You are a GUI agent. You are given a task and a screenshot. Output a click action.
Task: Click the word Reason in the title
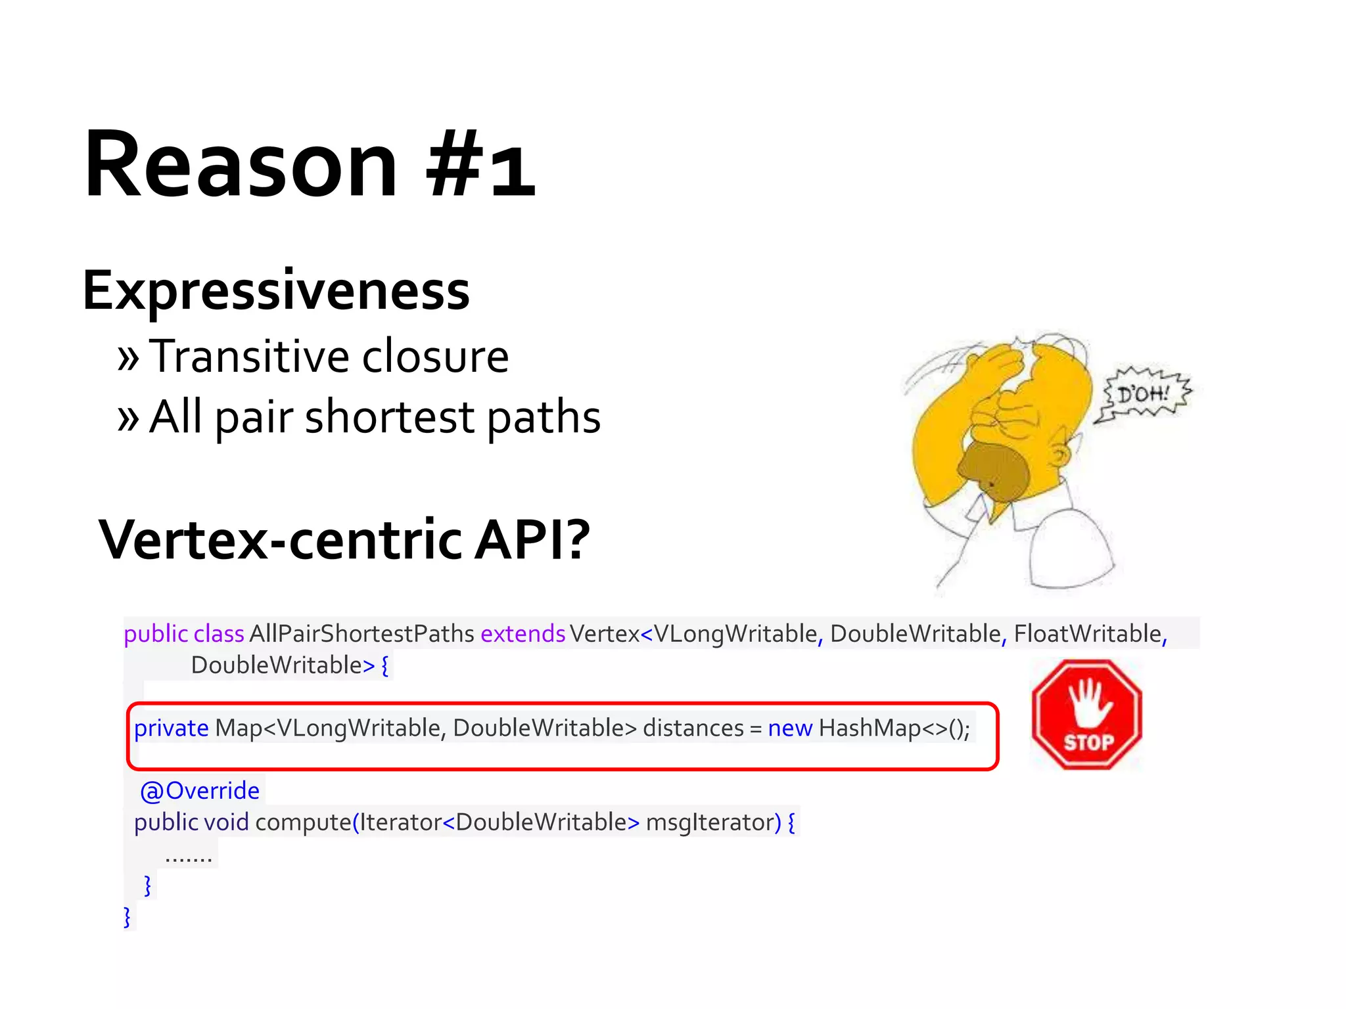(241, 164)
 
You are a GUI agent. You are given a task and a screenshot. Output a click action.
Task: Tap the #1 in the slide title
(480, 164)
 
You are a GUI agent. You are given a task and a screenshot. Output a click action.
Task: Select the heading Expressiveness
(276, 291)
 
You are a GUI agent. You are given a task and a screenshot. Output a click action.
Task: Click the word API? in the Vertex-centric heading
(532, 540)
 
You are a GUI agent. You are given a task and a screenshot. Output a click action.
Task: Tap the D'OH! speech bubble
(1144, 394)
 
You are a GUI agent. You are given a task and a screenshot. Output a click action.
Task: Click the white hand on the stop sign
(1088, 703)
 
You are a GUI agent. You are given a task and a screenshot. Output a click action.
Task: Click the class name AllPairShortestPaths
(361, 634)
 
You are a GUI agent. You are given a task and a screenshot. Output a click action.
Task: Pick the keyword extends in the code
(522, 634)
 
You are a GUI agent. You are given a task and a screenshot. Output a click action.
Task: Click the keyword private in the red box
(171, 729)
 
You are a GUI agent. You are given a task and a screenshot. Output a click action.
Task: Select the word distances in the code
(693, 729)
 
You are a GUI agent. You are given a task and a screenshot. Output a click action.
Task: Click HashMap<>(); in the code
(894, 729)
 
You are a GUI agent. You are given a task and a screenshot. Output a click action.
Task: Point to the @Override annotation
(200, 791)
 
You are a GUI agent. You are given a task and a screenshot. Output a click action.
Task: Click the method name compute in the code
(303, 822)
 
